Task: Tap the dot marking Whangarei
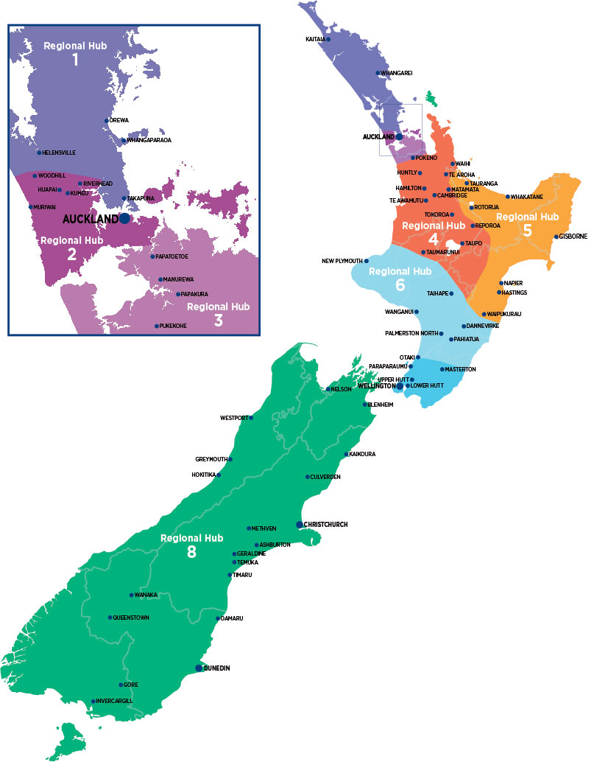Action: click(378, 73)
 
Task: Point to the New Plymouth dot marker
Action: click(367, 261)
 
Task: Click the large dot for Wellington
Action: click(400, 386)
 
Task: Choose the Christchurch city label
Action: click(325, 525)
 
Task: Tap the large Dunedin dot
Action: click(199, 668)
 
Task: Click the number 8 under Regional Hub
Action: click(191, 552)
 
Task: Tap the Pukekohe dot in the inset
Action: click(156, 326)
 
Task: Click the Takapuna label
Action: click(141, 198)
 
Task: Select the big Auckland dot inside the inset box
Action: click(124, 219)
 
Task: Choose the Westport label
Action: click(234, 418)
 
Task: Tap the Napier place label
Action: click(514, 283)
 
